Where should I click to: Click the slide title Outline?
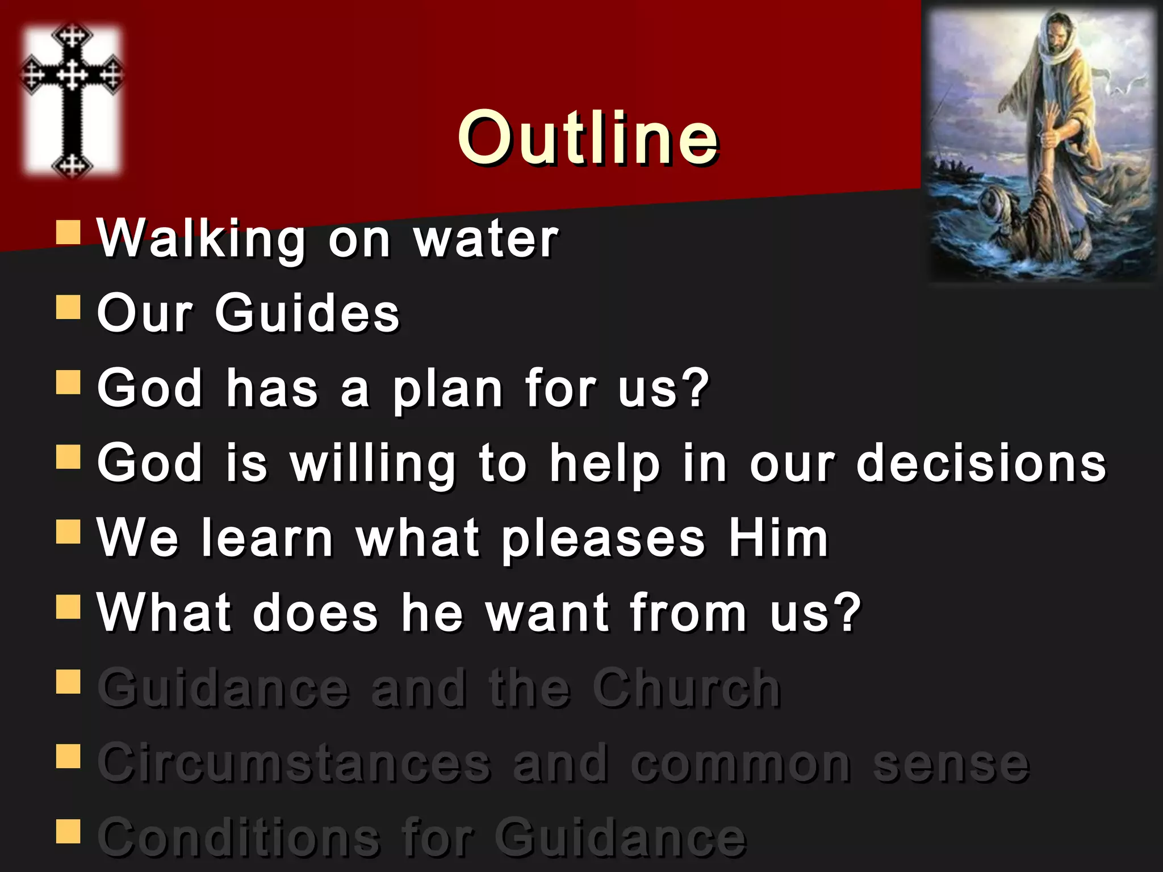click(x=588, y=138)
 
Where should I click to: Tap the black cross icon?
click(x=72, y=99)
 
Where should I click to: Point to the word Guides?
click(x=307, y=313)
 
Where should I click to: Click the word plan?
click(x=448, y=389)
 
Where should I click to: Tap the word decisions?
click(x=981, y=463)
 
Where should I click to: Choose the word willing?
click(x=373, y=464)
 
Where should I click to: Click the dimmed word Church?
click(x=687, y=688)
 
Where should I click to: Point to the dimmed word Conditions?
click(x=239, y=838)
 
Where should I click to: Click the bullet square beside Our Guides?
click(x=68, y=307)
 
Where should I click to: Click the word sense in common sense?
click(x=951, y=764)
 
